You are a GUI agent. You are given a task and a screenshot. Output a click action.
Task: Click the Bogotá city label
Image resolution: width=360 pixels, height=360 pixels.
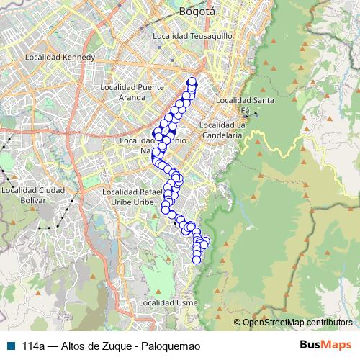(197, 12)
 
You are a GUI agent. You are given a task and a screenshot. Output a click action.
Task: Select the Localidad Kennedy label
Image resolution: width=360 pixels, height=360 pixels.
(60, 56)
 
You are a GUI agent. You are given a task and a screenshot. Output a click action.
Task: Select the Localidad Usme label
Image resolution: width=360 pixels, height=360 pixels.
(171, 303)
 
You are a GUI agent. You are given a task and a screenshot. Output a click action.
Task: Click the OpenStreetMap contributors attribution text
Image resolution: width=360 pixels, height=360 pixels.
(297, 322)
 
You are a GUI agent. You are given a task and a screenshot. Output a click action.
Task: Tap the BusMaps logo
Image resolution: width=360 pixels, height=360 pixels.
(325, 345)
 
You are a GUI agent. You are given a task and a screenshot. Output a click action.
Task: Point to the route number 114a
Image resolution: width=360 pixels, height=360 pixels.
(35, 345)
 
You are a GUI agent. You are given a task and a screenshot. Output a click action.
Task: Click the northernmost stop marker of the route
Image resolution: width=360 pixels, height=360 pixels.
(192, 81)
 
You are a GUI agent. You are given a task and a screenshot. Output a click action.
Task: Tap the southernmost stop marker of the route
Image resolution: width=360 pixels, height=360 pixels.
(197, 259)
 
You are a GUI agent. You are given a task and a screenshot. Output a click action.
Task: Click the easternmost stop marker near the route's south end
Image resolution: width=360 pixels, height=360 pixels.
(207, 241)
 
